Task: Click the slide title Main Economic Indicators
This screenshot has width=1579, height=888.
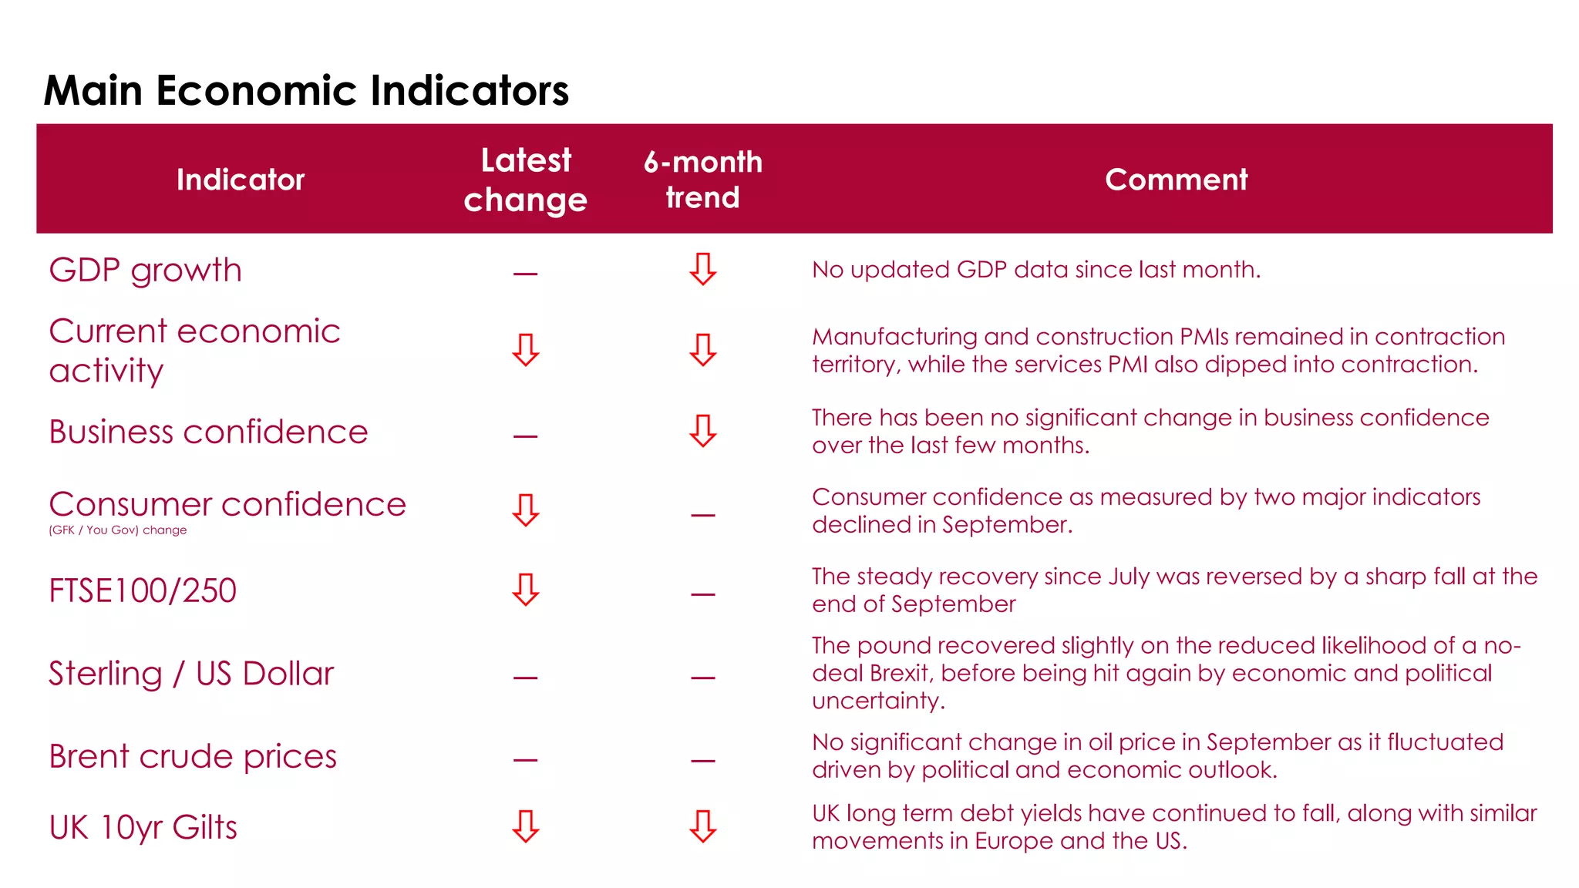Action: click(x=306, y=90)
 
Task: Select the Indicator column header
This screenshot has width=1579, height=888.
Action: click(x=241, y=180)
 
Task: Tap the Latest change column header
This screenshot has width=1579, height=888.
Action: click(x=526, y=180)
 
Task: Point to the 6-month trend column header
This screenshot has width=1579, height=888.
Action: click(x=702, y=180)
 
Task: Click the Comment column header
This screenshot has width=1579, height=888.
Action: click(x=1176, y=180)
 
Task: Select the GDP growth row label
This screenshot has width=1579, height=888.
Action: click(x=146, y=271)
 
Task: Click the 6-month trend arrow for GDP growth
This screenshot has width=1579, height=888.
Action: click(x=702, y=269)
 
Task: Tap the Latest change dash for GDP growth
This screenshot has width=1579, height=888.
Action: click(x=525, y=274)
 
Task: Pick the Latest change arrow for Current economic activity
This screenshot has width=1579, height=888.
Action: click(x=526, y=350)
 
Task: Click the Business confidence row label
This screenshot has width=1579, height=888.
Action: click(x=208, y=432)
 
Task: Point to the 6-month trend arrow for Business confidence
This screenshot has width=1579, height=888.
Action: click(x=702, y=431)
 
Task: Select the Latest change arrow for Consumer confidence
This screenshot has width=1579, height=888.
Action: click(x=526, y=510)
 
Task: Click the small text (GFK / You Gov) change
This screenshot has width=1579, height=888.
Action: click(x=118, y=530)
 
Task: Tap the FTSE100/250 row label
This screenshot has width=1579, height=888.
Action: click(x=143, y=590)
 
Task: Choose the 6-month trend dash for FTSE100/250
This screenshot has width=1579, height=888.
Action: click(x=702, y=594)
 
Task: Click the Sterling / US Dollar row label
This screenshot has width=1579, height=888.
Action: click(x=191, y=674)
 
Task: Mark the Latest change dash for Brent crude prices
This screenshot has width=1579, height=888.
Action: click(x=525, y=760)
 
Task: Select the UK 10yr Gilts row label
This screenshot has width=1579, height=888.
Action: click(x=143, y=827)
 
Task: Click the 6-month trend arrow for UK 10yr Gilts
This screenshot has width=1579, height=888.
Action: click(x=702, y=826)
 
